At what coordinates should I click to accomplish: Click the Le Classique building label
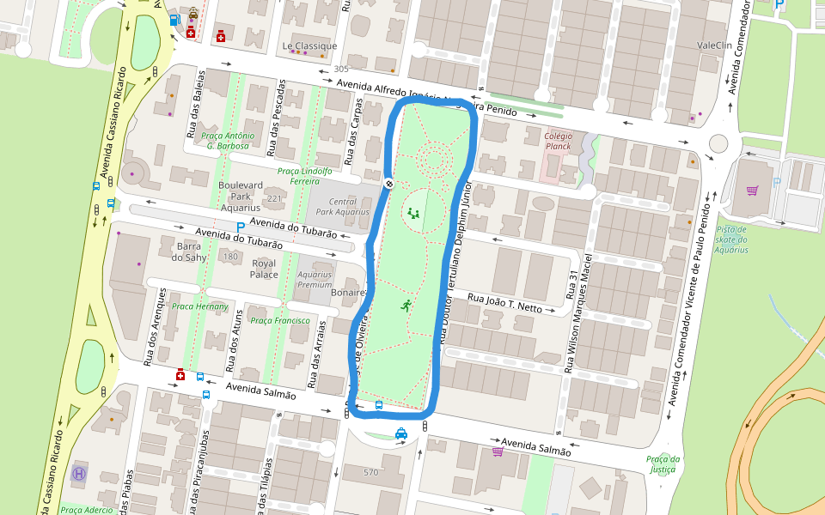click(x=309, y=45)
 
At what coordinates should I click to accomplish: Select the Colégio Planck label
click(x=558, y=140)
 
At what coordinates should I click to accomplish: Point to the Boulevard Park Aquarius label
click(x=241, y=196)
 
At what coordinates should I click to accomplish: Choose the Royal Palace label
click(x=264, y=269)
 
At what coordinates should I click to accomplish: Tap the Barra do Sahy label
click(x=188, y=251)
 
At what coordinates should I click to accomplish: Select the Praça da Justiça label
click(x=663, y=463)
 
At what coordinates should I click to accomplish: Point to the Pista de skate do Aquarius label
click(x=732, y=239)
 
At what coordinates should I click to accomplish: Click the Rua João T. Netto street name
click(x=505, y=302)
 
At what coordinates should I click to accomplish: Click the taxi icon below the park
click(x=401, y=433)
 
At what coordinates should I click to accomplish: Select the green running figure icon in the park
click(x=405, y=305)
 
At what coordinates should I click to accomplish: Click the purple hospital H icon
click(x=80, y=472)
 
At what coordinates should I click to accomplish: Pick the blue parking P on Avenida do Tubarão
click(x=241, y=227)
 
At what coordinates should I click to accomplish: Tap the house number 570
click(x=370, y=473)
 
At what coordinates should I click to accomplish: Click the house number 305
click(x=341, y=69)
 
